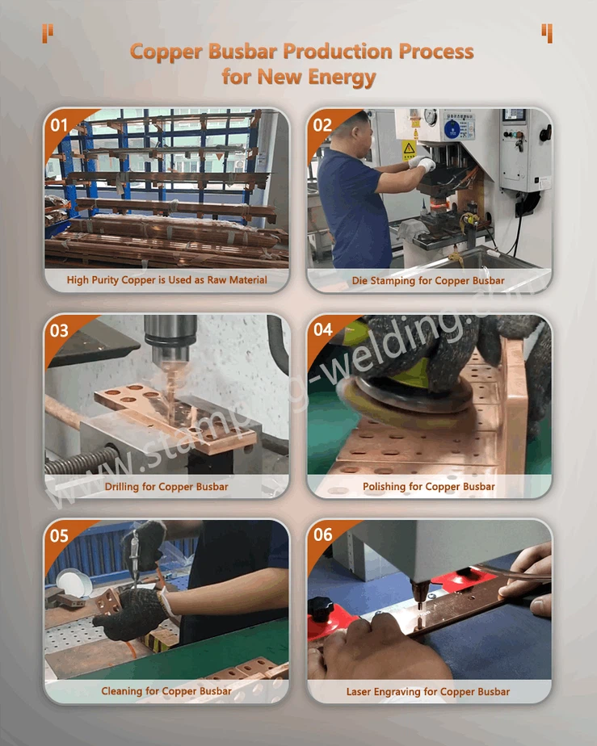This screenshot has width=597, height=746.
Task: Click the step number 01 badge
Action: (60, 125)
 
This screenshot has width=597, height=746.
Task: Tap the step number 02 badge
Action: (322, 125)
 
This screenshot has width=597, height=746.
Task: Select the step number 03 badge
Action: (60, 331)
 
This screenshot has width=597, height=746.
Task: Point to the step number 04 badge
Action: (322, 330)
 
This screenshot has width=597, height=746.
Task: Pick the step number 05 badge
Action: (60, 536)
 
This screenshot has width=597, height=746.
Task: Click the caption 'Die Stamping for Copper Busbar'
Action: (428, 281)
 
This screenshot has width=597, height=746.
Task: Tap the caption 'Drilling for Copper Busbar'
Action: (166, 487)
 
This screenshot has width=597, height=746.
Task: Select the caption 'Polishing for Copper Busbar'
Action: (429, 487)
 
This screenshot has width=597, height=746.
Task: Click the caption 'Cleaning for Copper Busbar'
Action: (166, 692)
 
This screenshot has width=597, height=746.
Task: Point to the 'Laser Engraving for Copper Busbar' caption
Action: (428, 692)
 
